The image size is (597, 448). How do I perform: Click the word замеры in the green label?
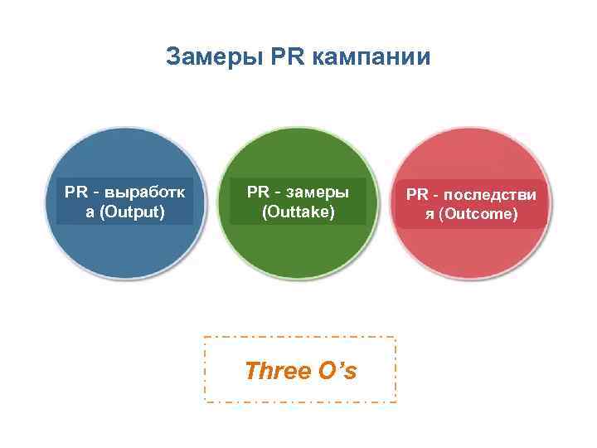click(x=316, y=192)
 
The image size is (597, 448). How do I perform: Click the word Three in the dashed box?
click(x=278, y=371)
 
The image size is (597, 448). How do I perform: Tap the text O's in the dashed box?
click(x=337, y=371)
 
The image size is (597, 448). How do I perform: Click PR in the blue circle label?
click(x=76, y=192)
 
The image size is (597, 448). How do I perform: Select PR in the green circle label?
click(x=258, y=192)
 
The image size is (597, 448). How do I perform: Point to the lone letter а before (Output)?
click(x=90, y=212)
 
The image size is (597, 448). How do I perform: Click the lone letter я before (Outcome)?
click(x=429, y=215)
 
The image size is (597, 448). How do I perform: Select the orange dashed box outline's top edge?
click(x=299, y=337)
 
